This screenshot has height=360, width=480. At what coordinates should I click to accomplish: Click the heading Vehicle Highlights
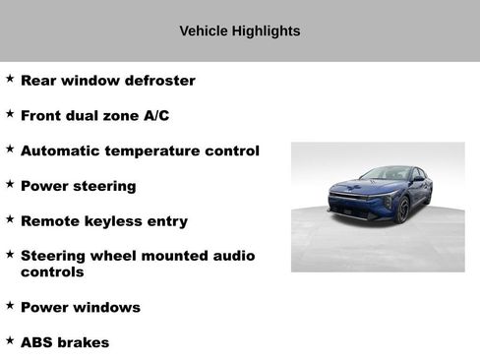point(239,30)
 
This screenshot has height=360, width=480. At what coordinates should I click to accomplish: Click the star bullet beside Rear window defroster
point(10,79)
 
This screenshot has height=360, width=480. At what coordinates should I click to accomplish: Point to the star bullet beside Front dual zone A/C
point(10,114)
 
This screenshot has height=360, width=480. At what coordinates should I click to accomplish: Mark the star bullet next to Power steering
point(10,184)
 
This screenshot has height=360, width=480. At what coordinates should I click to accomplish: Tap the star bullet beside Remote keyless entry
point(10,219)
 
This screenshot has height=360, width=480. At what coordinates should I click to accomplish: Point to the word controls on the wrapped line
point(52,272)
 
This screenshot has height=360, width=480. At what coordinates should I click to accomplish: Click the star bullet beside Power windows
point(10,305)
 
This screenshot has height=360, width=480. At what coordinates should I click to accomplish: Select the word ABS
point(37,343)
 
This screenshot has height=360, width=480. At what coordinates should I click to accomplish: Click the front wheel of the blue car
point(401,210)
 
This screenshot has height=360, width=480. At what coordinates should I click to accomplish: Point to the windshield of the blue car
point(386,175)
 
